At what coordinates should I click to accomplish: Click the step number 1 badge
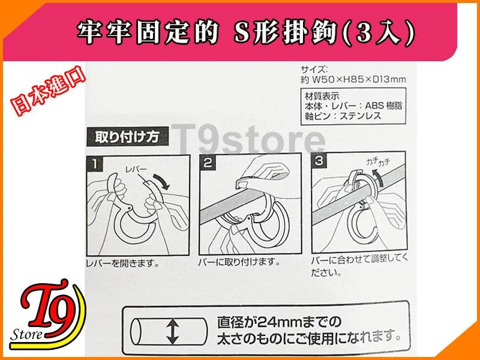click(95, 164)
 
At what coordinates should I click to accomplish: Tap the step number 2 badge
click(208, 162)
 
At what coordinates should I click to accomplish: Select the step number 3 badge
click(319, 160)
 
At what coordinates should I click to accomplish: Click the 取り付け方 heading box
click(127, 137)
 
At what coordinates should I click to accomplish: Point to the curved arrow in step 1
click(161, 181)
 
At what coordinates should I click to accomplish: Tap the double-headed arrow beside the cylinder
click(173, 332)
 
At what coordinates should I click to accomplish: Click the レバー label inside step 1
click(136, 170)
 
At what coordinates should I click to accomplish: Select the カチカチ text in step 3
click(378, 163)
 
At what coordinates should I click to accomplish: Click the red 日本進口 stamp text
click(48, 91)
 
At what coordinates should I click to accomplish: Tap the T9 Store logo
click(47, 314)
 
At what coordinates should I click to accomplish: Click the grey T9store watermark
click(248, 139)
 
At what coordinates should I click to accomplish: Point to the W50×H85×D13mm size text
click(359, 80)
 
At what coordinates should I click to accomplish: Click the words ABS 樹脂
click(383, 106)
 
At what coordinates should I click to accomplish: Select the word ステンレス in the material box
click(361, 116)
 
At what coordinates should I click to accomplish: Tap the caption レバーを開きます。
click(123, 263)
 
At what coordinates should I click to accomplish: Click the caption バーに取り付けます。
click(239, 262)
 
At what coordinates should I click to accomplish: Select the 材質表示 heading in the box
click(322, 96)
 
